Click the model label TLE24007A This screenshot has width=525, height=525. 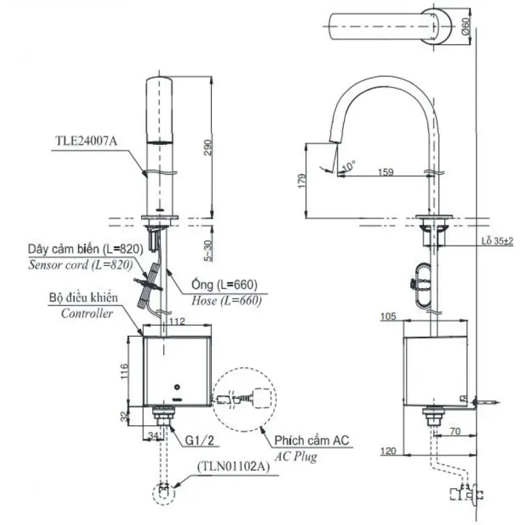click(x=87, y=141)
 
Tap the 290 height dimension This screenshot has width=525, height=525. click(x=208, y=147)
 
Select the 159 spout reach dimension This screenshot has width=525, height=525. click(x=386, y=172)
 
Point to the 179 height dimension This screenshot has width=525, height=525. click(x=302, y=181)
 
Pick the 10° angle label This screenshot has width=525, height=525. click(x=349, y=165)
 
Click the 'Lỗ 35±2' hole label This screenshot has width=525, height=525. click(x=497, y=241)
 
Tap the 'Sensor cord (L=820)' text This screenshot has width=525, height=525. click(x=81, y=265)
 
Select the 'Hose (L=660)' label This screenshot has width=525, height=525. click(x=226, y=301)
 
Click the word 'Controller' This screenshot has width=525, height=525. click(x=87, y=314)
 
